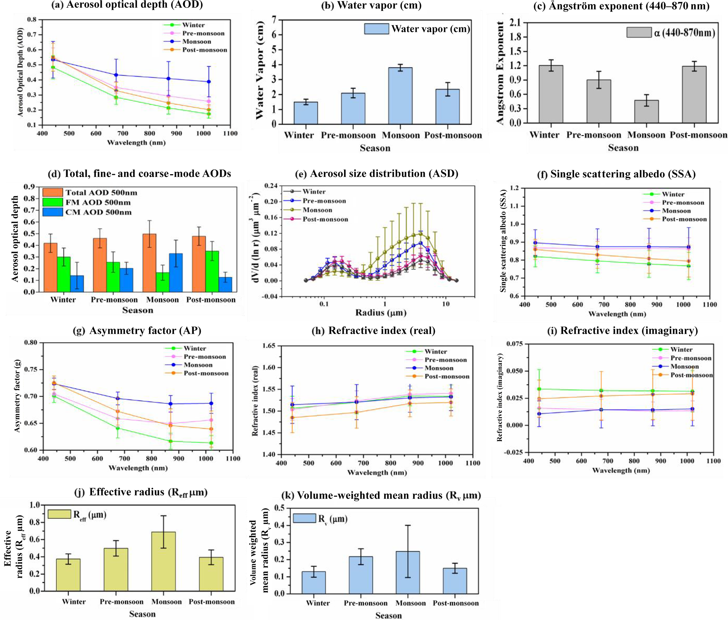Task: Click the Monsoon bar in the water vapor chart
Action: click(400, 96)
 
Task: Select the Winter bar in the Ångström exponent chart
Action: click(551, 94)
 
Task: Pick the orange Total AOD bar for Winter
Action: click(50, 267)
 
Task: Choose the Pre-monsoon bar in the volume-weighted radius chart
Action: click(361, 575)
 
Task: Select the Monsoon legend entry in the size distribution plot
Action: click(317, 210)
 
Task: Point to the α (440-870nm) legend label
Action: click(684, 33)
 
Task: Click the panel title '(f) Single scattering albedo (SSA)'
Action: click(616, 174)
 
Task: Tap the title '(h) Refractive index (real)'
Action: click(373, 330)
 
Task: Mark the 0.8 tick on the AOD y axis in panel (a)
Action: click(32, 19)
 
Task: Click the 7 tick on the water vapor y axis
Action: click(274, 20)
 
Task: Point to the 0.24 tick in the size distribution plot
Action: click(271, 186)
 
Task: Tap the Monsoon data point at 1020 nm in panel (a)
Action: click(209, 82)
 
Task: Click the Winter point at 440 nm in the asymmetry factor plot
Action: click(54, 396)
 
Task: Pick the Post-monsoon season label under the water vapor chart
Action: click(453, 135)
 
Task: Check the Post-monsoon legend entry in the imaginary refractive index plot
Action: click(691, 375)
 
